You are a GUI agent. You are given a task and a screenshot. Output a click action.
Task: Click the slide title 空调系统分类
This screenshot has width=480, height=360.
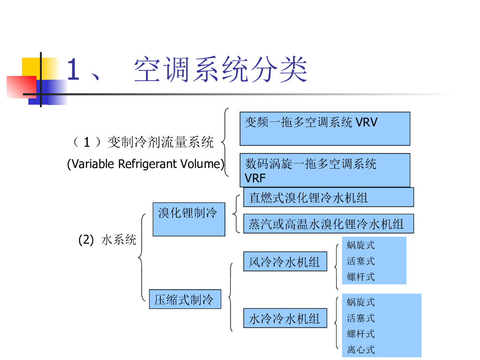point(220,70)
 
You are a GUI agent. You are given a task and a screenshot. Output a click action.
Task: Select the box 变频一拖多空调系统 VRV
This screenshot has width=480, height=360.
point(324,128)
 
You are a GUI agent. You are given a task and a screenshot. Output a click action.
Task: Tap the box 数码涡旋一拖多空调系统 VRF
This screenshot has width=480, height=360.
point(324,170)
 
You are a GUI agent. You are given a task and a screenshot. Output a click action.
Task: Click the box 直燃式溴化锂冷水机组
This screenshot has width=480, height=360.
point(328,197)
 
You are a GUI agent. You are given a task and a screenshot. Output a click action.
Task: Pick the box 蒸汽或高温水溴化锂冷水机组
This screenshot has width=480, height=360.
point(328,224)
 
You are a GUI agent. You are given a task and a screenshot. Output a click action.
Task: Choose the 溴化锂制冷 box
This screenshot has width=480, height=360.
point(188,219)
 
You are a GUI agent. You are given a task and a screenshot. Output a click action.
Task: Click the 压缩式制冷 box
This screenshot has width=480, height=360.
point(184,299)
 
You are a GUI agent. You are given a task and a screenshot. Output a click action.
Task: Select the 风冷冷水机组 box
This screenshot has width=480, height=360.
point(285,262)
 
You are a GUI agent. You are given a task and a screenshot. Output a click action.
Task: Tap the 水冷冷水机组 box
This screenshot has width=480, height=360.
point(285,318)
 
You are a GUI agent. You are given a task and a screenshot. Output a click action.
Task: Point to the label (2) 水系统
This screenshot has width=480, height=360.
point(107,240)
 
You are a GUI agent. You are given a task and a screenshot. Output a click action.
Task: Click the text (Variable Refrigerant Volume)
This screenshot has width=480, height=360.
point(145,164)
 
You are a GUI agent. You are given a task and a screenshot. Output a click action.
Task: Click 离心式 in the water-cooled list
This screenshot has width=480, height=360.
point(361,349)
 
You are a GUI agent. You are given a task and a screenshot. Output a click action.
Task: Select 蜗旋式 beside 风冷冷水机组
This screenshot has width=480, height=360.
point(361,245)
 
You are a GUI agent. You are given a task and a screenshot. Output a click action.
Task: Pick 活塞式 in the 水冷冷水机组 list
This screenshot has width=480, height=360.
point(361,318)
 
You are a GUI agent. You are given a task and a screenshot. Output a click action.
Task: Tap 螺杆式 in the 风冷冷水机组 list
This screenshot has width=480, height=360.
point(361,277)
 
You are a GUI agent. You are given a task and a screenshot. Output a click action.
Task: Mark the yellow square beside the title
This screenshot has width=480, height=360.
point(31,66)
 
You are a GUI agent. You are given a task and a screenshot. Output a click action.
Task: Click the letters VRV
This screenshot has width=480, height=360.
point(366,123)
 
